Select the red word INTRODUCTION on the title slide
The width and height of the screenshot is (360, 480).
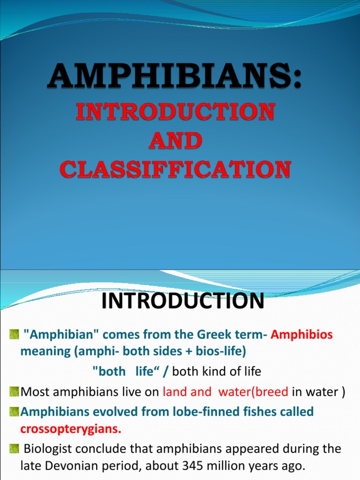click(175, 112)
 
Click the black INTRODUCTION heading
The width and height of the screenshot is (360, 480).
click(183, 301)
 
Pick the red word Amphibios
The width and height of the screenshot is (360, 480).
click(302, 335)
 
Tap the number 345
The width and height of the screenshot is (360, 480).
click(188, 466)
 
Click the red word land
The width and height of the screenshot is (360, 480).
click(175, 392)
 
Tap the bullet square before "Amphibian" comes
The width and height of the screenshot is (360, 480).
click(14, 335)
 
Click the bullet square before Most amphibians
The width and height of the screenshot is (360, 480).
click(14, 392)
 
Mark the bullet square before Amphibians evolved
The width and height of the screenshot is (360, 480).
click(14, 412)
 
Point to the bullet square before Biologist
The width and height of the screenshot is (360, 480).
click(14, 449)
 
